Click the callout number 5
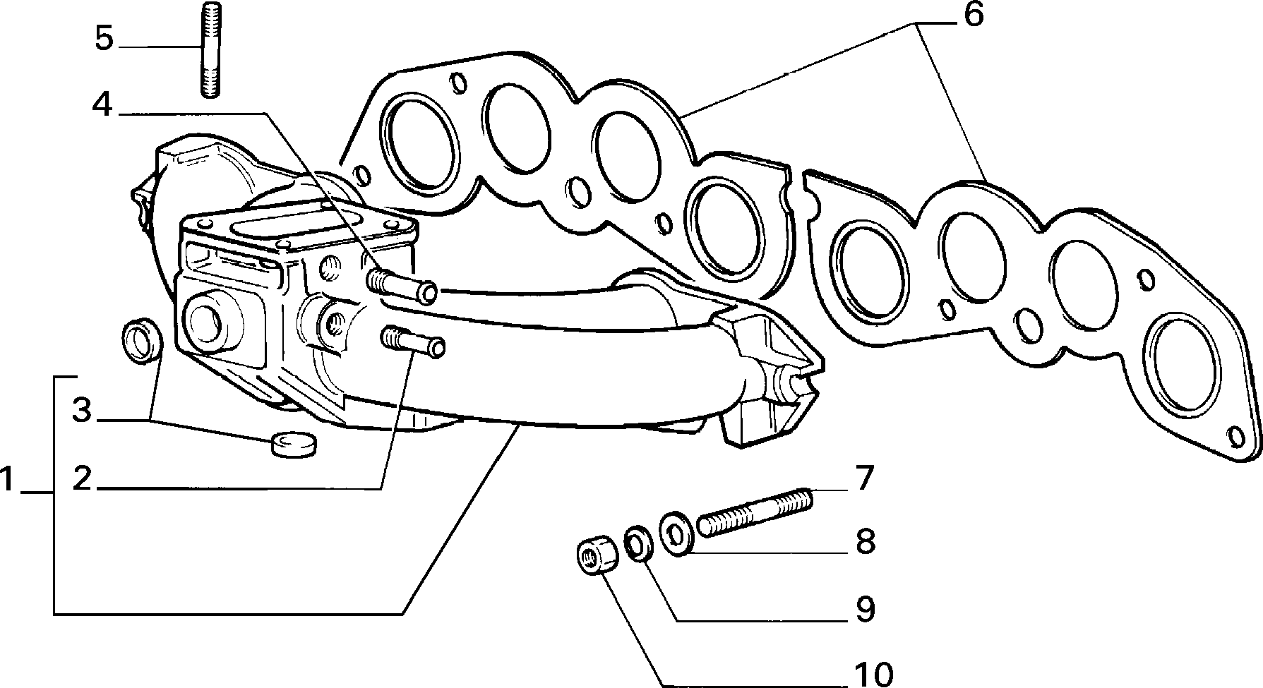tap(104, 39)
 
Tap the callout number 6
tap(973, 14)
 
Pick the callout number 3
tap(83, 410)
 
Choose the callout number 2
tap(83, 479)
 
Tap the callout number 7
tap(865, 479)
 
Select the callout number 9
tap(865, 610)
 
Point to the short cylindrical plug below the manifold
tap(294, 445)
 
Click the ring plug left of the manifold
tap(141, 341)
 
